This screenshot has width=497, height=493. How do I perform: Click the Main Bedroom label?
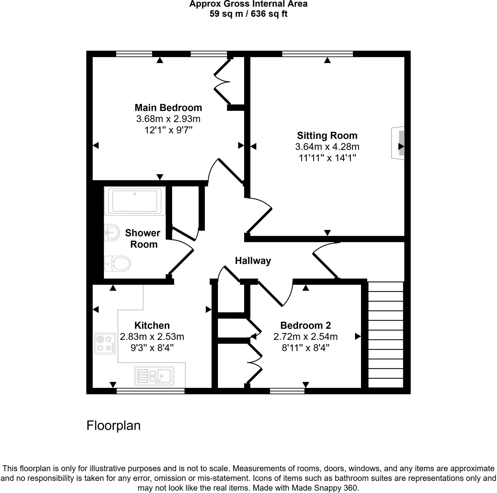tap(168, 108)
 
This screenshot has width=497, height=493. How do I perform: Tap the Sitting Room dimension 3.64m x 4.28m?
tap(327, 147)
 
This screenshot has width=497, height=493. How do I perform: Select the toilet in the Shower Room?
tap(118, 263)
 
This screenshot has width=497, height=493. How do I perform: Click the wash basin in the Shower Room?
tap(112, 232)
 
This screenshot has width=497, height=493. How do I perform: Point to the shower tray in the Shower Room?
tap(135, 201)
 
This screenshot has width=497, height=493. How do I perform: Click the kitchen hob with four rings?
tap(105, 343)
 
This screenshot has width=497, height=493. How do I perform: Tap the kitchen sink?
tap(154, 376)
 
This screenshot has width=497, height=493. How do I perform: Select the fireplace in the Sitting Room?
tap(398, 143)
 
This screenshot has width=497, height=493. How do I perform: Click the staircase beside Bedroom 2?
tap(385, 334)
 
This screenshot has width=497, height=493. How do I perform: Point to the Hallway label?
tap(253, 261)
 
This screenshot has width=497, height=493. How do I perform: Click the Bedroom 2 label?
tap(305, 326)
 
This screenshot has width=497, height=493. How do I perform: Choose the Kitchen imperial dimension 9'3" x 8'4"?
tap(152, 348)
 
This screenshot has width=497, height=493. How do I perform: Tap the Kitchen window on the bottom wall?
tap(150, 391)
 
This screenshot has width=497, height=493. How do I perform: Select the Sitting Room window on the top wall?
tap(317, 54)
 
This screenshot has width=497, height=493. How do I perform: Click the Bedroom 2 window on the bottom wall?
tap(287, 391)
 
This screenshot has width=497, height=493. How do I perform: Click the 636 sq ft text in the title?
tap(269, 14)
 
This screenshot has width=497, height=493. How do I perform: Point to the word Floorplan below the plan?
tap(113, 426)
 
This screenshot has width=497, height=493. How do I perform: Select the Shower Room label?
tap(143, 239)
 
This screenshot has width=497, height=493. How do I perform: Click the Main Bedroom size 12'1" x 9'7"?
tap(168, 130)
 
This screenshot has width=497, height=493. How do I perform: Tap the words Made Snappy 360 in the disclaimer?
tap(324, 488)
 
